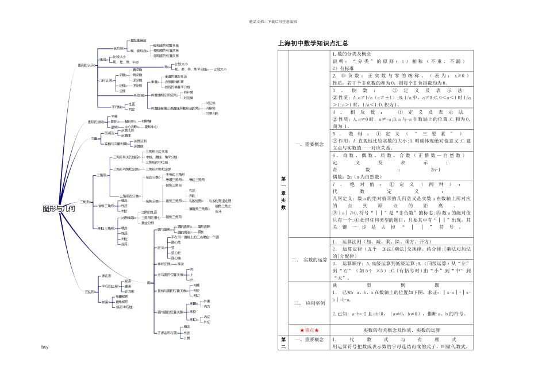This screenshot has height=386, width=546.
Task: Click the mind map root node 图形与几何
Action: [59, 209]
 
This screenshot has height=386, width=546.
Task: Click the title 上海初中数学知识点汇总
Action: [312, 43]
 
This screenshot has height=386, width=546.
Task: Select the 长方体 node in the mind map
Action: [118, 48]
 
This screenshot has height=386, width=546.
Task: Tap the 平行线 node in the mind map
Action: [118, 106]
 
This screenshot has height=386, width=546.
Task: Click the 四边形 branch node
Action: [90, 292]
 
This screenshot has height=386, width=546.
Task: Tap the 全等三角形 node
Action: [105, 205]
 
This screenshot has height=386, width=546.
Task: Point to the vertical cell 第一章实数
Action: [283, 192]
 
